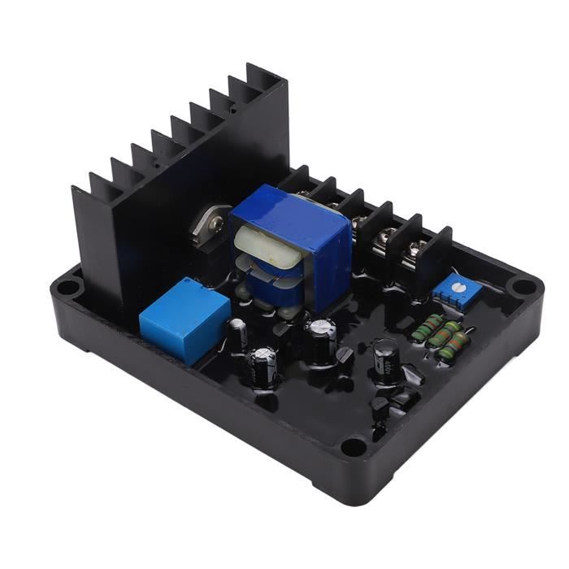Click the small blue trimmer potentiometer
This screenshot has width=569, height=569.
coord(449,285)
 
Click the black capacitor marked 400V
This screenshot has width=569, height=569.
coord(385,361)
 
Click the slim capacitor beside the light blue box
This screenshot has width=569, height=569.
coord(237,332)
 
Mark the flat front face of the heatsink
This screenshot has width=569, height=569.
coord(163,236)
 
